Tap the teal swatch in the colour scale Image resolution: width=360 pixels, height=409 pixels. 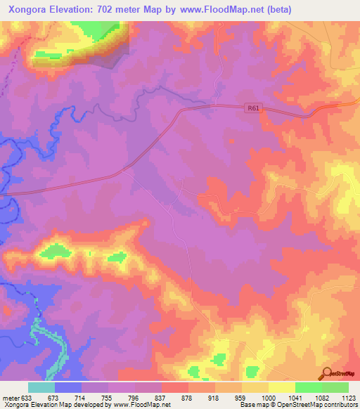coord(41,387)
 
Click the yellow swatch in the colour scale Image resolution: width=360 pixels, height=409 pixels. coord(282,387)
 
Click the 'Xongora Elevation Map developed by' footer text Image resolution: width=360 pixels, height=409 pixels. coord(47,405)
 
